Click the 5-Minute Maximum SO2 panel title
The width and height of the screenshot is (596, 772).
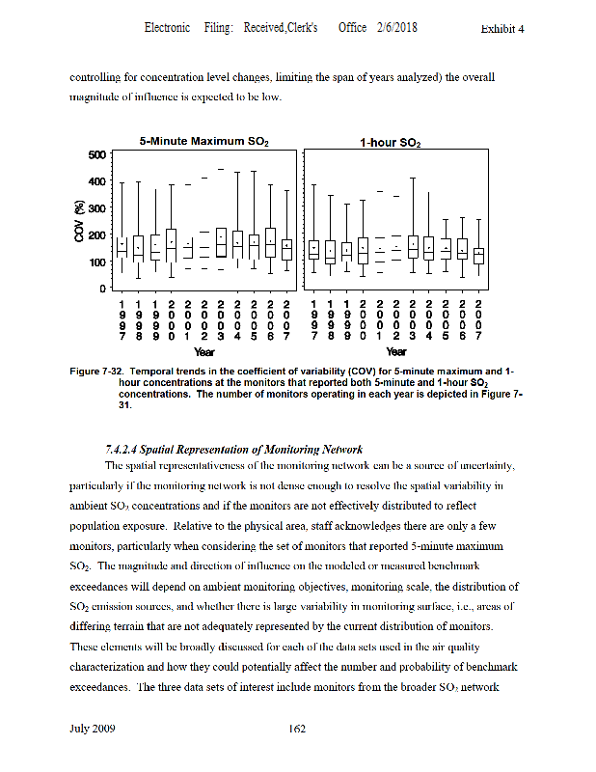pyautogui.click(x=203, y=142)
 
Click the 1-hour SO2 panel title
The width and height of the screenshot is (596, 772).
pyautogui.click(x=391, y=143)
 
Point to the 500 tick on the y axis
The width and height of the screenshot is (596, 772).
pyautogui.click(x=95, y=154)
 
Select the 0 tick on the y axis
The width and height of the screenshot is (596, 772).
pyautogui.click(x=100, y=289)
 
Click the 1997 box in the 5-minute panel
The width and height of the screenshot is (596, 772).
pyautogui.click(x=122, y=248)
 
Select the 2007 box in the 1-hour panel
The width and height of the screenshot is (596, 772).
pyautogui.click(x=478, y=256)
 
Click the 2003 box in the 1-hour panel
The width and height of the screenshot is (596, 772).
pyautogui.click(x=413, y=247)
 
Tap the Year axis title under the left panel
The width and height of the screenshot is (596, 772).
pyautogui.click(x=203, y=352)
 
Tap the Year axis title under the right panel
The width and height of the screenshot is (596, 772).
pyautogui.click(x=395, y=352)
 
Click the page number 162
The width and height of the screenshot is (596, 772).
pyautogui.click(x=297, y=729)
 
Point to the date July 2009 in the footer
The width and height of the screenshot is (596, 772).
pyautogui.click(x=93, y=729)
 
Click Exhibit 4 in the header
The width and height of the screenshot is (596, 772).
pyautogui.click(x=501, y=29)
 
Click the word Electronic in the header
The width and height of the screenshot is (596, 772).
pyautogui.click(x=167, y=28)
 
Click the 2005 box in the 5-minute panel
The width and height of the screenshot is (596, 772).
pyautogui.click(x=254, y=246)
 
